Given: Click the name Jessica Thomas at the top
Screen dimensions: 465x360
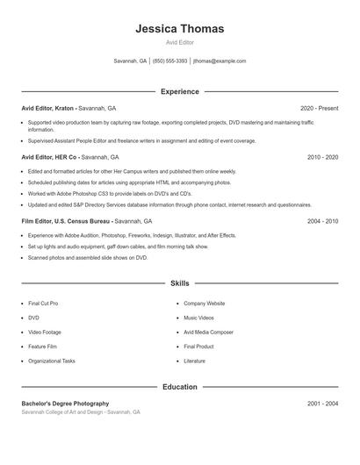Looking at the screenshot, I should pyautogui.click(x=180, y=29).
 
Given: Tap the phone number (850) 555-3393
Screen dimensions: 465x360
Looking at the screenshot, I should pyautogui.click(x=169, y=61).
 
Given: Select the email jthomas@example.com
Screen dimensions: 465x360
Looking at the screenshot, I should pyautogui.click(x=220, y=61).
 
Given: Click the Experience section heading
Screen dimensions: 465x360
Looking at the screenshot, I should pyautogui.click(x=180, y=91).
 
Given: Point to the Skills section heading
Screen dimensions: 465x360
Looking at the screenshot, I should pyautogui.click(x=180, y=283).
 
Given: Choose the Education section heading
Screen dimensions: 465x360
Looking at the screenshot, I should pyautogui.click(x=180, y=387).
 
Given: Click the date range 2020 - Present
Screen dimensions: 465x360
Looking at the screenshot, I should pyautogui.click(x=319, y=108).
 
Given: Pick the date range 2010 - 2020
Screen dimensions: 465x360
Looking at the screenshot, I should pyautogui.click(x=322, y=157).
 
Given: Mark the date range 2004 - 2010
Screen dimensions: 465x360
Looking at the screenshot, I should pyautogui.click(x=322, y=221).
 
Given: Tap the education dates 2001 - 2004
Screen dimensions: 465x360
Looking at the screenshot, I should pyautogui.click(x=322, y=404).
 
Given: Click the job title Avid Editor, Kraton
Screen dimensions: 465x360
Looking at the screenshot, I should pyautogui.click(x=47, y=108).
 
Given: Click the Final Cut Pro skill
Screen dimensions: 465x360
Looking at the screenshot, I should pyautogui.click(x=43, y=303).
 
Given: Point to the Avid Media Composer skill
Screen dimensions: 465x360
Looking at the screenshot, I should pyautogui.click(x=208, y=332).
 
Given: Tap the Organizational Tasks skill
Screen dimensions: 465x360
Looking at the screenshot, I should pyautogui.click(x=51, y=361).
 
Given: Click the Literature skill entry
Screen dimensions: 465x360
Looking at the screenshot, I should pyautogui.click(x=194, y=361).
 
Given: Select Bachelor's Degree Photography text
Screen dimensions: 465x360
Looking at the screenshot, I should pyautogui.click(x=65, y=404).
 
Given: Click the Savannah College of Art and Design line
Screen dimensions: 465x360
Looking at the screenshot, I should pyautogui.click(x=80, y=411).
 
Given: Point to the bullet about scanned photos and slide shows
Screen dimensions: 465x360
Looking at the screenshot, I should pyautogui.click(x=88, y=258).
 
